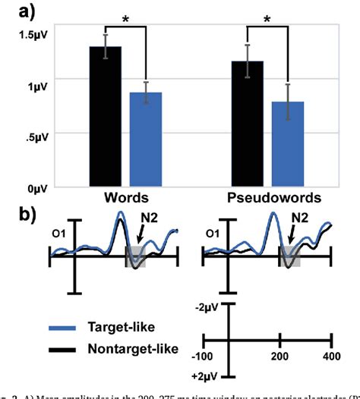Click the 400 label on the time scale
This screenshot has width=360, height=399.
point(330,356)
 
